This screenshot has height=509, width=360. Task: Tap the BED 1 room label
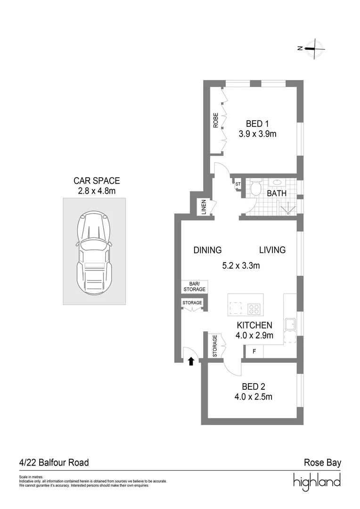(x=257, y=124)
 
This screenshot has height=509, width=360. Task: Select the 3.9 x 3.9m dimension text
(x=257, y=134)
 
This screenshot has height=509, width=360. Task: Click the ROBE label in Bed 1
(x=216, y=121)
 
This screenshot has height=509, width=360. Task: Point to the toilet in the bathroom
(x=256, y=189)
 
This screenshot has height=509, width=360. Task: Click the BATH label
(x=277, y=193)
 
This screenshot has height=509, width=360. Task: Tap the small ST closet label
(x=237, y=184)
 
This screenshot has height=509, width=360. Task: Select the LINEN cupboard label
(x=205, y=208)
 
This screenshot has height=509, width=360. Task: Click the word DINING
(x=207, y=250)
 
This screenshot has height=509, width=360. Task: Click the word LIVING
(x=272, y=250)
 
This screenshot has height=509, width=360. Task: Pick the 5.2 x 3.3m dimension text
(x=241, y=266)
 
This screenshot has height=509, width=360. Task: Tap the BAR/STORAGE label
(x=194, y=287)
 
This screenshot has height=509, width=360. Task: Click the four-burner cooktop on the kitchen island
(x=254, y=310)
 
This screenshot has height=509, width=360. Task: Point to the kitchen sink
(x=289, y=324)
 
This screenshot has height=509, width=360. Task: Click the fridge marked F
(x=254, y=352)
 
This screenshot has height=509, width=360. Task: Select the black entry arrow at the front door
(x=191, y=361)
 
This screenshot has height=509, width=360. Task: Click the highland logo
(x=317, y=482)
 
